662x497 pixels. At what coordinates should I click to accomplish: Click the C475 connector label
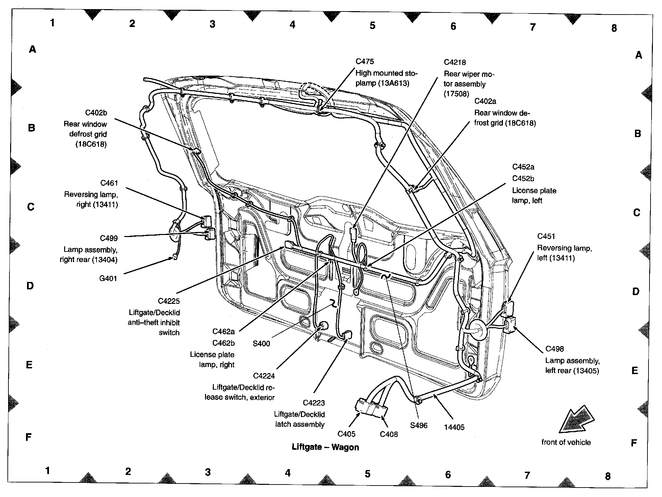365,61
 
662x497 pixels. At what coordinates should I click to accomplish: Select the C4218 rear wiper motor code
455,62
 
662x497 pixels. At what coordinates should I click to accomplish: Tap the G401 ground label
108,279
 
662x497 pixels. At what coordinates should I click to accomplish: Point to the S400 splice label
261,344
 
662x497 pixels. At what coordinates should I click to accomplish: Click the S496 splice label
419,425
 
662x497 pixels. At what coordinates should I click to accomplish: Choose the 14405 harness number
454,427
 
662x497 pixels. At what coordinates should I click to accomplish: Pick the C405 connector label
347,434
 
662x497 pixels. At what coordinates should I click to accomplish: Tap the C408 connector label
389,434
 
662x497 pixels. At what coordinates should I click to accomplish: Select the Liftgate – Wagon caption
325,447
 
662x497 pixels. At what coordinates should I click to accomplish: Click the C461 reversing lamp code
109,183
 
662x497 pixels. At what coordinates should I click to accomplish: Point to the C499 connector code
109,238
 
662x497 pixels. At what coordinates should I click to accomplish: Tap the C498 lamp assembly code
555,349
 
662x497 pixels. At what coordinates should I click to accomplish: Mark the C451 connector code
546,236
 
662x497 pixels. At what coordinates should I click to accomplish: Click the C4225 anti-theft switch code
169,301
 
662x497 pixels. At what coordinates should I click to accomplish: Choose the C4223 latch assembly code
314,403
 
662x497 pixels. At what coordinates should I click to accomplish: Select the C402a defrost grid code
485,101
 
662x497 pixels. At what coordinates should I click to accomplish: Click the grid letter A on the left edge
32,50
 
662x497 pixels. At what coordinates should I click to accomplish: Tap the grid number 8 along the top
614,28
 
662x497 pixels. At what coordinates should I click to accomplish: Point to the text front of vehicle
566,442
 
